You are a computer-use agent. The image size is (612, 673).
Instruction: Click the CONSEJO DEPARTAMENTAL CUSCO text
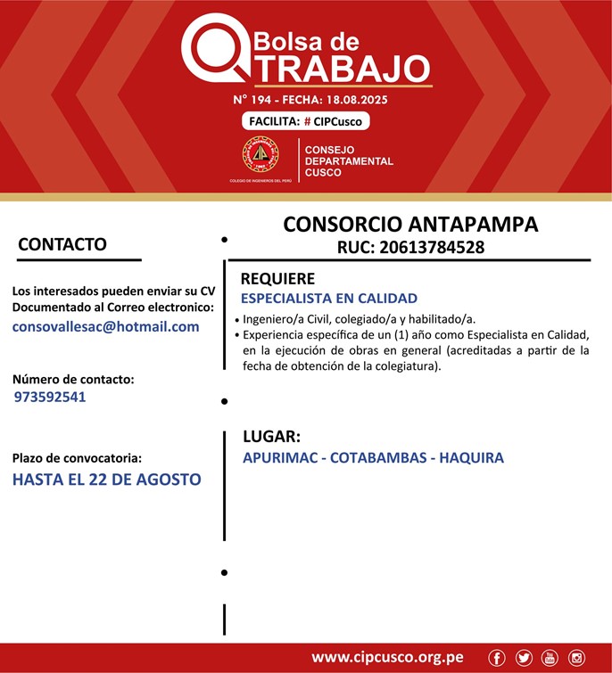pos(349,160)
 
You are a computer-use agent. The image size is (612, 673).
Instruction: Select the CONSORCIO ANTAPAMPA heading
pos(410,224)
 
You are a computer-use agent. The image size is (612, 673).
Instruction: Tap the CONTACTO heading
pos(62,244)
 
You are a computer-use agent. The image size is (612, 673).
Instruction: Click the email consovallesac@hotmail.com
pos(105,326)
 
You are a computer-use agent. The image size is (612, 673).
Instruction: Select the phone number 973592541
pos(50,397)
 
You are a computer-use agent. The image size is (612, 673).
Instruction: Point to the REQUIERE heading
pos(277,279)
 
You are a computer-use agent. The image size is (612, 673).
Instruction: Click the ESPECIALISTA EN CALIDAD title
pos(329,299)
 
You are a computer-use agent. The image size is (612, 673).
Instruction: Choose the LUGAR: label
pos(271,437)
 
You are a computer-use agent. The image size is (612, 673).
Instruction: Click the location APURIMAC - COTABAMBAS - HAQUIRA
pos(373,458)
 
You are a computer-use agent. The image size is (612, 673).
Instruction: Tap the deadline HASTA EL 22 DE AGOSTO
pos(106,480)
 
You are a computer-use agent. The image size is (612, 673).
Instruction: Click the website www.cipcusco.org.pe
pos(387,658)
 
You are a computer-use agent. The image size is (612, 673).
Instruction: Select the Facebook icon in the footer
pos(497,658)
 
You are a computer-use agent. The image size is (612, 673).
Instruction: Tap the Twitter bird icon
pos(524,658)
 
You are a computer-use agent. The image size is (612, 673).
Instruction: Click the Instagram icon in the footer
pos(577,658)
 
